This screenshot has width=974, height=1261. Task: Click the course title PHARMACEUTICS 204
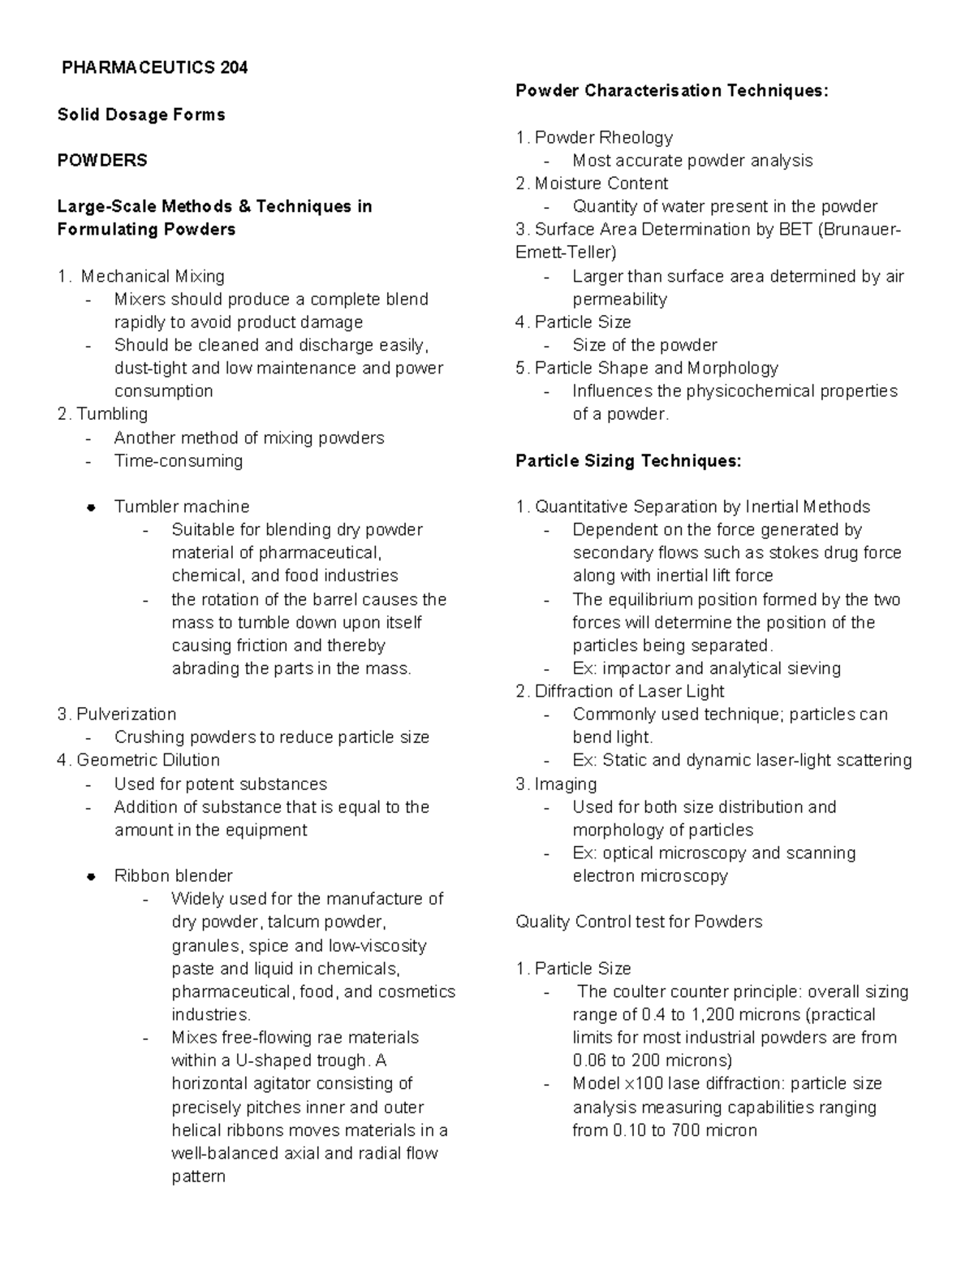[x=154, y=67]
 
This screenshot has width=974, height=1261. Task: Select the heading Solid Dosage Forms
[x=141, y=114]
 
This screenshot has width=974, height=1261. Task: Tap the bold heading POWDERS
[x=102, y=160]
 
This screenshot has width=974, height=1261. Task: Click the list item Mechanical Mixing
[x=153, y=276]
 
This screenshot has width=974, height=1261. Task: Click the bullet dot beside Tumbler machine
[x=92, y=507]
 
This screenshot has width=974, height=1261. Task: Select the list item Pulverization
[x=126, y=714]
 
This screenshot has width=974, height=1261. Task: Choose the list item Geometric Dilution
[x=148, y=760]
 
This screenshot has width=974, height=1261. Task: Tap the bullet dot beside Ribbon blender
[x=92, y=876]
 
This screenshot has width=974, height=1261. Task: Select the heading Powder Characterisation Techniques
[x=672, y=90]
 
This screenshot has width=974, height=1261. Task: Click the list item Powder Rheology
[x=603, y=137]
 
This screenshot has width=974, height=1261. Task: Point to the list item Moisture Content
[x=601, y=184]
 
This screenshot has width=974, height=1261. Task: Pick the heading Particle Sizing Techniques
[x=628, y=460]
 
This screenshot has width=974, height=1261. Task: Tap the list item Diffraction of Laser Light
[x=629, y=691]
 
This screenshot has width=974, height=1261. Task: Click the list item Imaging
[x=565, y=784]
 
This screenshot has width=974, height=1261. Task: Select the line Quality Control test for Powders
[x=639, y=922]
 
